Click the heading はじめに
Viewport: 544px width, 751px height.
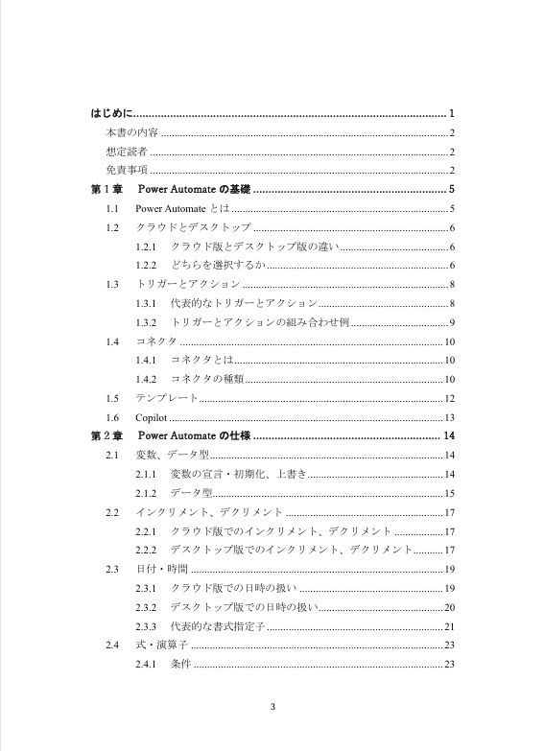[111, 113]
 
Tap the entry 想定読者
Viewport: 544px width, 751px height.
[127, 152]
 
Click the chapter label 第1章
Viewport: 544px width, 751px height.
[105, 189]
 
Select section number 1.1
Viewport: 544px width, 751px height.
[113, 208]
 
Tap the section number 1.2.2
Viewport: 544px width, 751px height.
[146, 265]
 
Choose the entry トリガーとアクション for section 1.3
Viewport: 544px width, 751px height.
[188, 284]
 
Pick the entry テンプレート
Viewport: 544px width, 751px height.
[168, 398]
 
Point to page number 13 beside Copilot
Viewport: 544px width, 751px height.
[449, 417]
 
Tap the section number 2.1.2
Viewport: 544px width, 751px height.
[146, 493]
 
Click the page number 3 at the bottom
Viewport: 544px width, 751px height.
[272, 709]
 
